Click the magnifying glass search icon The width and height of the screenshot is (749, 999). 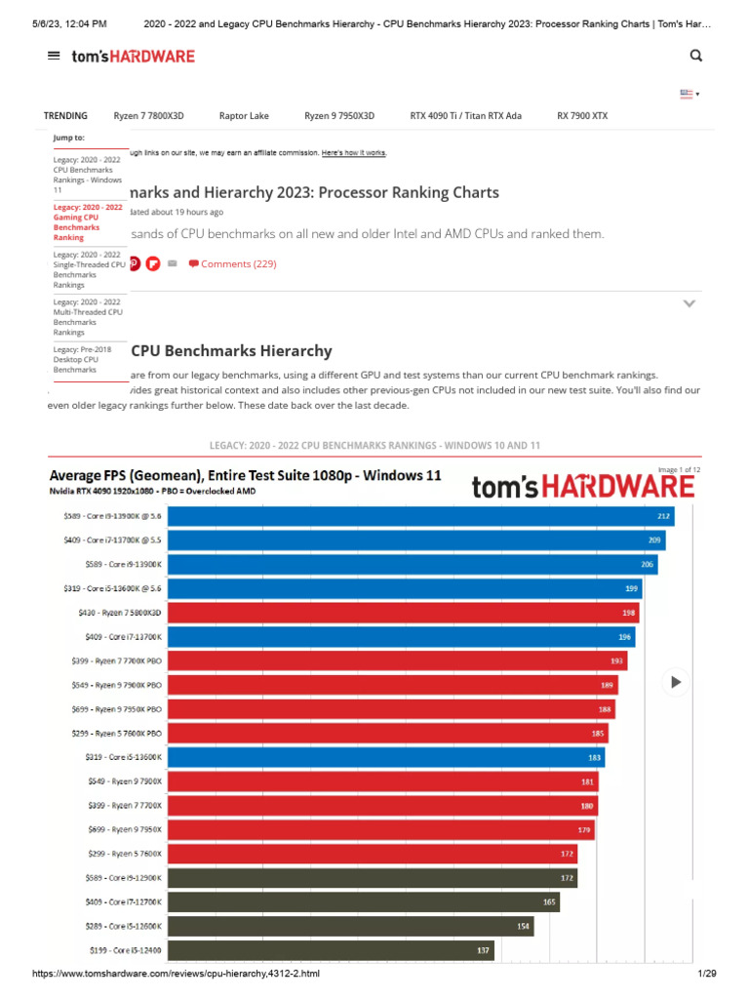[695, 56]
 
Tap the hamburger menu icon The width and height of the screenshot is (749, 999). [54, 56]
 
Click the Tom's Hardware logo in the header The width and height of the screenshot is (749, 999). [133, 57]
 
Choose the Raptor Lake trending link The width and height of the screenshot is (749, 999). [244, 115]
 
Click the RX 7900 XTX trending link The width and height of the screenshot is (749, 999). [582, 115]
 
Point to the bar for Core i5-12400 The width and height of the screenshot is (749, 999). [332, 949]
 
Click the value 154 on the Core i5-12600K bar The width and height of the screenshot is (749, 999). [525, 925]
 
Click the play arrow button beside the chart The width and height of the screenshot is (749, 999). [676, 682]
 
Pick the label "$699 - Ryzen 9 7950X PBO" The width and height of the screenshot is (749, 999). [117, 708]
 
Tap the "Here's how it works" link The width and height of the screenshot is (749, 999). [353, 153]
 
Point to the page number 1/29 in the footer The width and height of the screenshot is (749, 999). [706, 974]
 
